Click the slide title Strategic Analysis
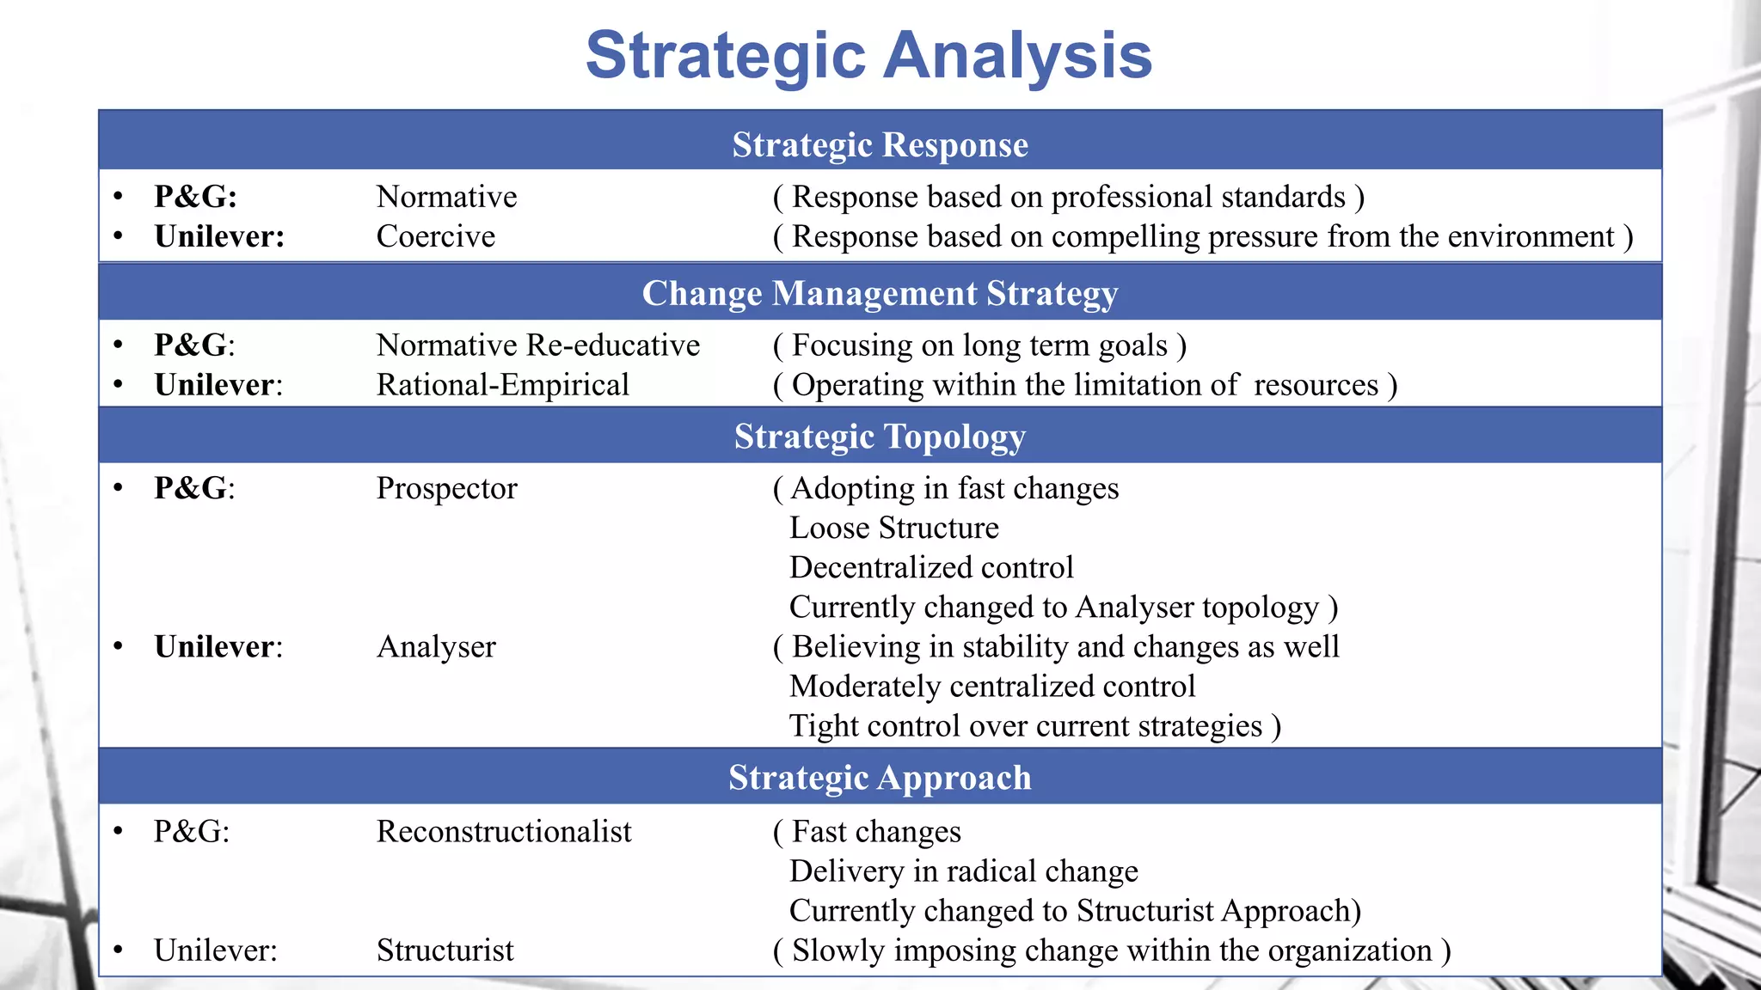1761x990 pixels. pyautogui.click(x=868, y=56)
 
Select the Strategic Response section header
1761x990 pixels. pyautogui.click(x=880, y=144)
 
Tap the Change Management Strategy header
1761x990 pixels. pyautogui.click(x=880, y=293)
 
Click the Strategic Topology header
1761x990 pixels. pyautogui.click(x=880, y=437)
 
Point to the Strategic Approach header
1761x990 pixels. pyautogui.click(x=880, y=778)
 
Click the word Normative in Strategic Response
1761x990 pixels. pyautogui.click(x=446, y=197)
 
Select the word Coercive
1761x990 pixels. pyautogui.click(x=435, y=236)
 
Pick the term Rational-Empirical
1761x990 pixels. pyautogui.click(x=502, y=385)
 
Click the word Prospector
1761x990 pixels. pyautogui.click(x=446, y=488)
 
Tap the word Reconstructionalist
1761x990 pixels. pyautogui.click(x=504, y=832)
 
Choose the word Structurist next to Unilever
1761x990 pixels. pyautogui.click(x=445, y=950)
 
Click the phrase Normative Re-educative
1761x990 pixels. pyautogui.click(x=537, y=345)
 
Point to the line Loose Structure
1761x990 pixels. pyautogui.click(x=893, y=528)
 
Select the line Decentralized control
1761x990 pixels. pyautogui.click(x=931, y=567)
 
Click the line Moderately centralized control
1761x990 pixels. pyautogui.click(x=992, y=687)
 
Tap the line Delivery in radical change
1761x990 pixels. pyautogui.click(x=963, y=871)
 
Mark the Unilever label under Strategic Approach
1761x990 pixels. pyautogui.click(x=215, y=950)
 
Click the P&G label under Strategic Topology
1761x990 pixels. pyautogui.click(x=194, y=488)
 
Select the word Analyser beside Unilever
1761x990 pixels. pyautogui.click(x=436, y=647)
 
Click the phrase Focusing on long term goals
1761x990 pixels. pyautogui.click(x=979, y=345)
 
